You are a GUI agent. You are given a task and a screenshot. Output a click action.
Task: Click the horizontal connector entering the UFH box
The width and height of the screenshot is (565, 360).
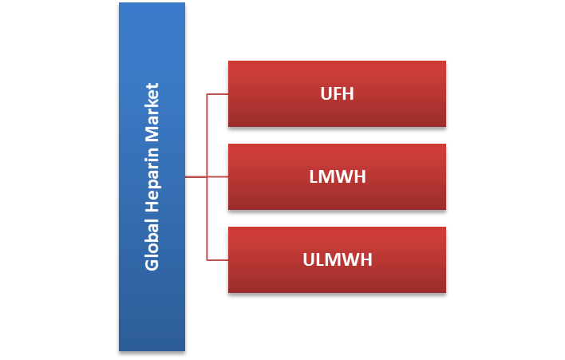(x=217, y=94)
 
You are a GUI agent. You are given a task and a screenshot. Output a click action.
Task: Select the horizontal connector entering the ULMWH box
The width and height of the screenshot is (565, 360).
(x=217, y=260)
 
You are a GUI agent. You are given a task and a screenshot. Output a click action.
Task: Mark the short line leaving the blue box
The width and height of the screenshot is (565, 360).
(x=196, y=177)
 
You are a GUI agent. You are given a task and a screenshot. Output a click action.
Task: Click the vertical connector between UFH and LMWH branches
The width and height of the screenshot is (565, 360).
(x=207, y=136)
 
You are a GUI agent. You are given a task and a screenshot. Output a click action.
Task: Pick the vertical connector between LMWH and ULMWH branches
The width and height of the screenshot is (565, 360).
(x=207, y=219)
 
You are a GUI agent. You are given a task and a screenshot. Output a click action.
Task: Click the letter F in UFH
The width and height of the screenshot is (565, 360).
(x=337, y=94)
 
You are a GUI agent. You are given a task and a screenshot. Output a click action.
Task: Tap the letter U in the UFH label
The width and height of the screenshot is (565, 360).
(x=326, y=94)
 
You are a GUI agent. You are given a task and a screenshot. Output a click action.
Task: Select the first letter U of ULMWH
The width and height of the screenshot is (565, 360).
(x=309, y=260)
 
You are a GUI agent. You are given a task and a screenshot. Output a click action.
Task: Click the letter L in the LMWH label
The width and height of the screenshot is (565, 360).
(x=314, y=177)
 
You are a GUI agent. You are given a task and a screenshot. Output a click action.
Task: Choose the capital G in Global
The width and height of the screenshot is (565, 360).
(x=152, y=263)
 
